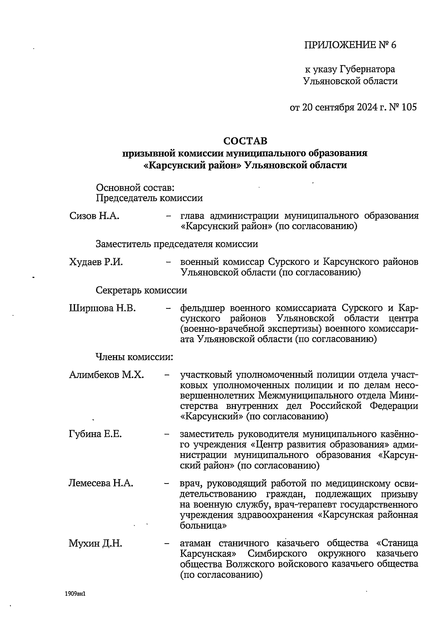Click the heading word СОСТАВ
click(245, 141)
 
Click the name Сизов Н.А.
click(94, 216)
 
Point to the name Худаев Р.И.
click(96, 262)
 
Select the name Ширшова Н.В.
click(102, 308)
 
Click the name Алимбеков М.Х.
click(106, 375)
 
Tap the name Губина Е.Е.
click(95, 434)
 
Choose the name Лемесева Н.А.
click(101, 483)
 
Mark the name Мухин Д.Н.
click(95, 543)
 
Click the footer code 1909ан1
click(75, 594)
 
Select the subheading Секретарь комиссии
click(141, 290)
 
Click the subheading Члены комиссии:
click(134, 356)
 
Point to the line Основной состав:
click(135, 188)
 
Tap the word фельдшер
click(203, 308)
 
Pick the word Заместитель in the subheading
click(123, 244)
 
